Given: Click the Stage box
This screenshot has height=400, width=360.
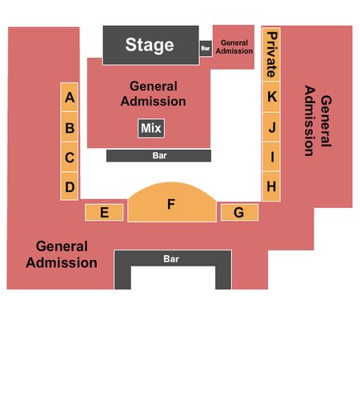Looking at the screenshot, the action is (151, 45).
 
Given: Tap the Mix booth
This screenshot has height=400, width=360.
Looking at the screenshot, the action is (151, 128).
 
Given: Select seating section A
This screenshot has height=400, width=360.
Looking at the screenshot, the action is (70, 97).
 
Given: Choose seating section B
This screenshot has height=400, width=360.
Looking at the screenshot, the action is (70, 127).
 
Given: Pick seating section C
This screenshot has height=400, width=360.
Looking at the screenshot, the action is (70, 157).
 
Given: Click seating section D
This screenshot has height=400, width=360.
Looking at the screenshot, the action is (70, 186).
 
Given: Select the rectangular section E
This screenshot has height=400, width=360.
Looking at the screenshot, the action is (104, 212).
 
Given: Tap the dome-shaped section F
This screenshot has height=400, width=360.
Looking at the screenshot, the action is (172, 204).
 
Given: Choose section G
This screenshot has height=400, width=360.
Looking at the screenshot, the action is (239, 212).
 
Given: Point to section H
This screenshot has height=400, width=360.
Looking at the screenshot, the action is (271, 186).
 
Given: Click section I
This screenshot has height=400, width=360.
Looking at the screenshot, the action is (271, 156).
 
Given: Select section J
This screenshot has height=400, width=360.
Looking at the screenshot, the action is (271, 126).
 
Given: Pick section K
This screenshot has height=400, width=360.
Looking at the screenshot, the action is (271, 97).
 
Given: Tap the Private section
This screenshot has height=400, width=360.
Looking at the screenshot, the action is (271, 54).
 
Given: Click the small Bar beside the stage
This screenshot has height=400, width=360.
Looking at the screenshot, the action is (206, 48).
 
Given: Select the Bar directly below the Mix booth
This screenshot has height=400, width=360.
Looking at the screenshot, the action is (158, 155).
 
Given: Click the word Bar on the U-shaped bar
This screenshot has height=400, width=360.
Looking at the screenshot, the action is (171, 258).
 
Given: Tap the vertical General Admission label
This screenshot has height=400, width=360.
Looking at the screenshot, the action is (318, 121).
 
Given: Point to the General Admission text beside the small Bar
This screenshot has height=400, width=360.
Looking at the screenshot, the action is (234, 47).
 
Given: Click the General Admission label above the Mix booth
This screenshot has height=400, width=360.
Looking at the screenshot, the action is (153, 94).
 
